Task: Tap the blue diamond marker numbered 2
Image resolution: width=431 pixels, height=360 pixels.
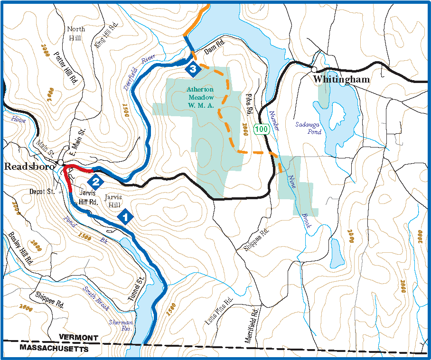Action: pyautogui.click(x=95, y=181)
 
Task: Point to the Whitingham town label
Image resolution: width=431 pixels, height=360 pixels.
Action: pyautogui.click(x=341, y=80)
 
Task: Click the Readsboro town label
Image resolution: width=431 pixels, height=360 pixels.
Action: pyautogui.click(x=28, y=166)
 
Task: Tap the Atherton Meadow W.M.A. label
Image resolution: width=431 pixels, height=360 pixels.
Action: pyautogui.click(x=200, y=97)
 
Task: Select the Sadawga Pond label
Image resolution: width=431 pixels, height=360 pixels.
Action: pyautogui.click(x=309, y=128)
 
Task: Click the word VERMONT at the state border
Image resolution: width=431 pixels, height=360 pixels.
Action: pyautogui.click(x=78, y=338)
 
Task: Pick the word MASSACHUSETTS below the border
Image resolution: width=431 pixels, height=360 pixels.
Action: pyautogui.click(x=54, y=349)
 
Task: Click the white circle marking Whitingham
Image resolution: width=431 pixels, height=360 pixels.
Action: pyautogui.click(x=314, y=69)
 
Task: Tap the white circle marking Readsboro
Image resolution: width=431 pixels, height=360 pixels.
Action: pyautogui.click(x=61, y=163)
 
